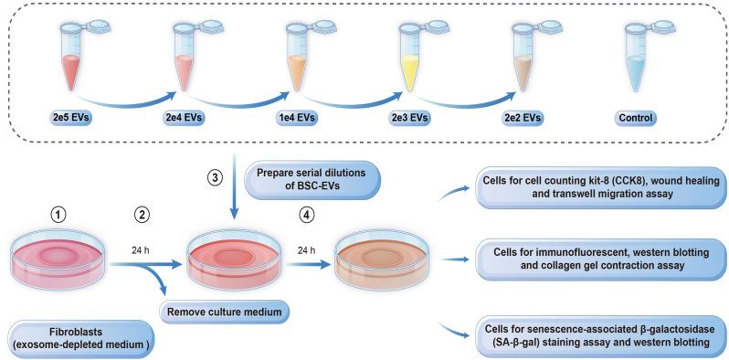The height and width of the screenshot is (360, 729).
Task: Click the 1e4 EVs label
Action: coord(299,118)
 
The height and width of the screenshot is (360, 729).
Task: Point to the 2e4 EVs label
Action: coord(186,118)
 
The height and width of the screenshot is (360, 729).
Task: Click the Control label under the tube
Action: coord(637,118)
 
